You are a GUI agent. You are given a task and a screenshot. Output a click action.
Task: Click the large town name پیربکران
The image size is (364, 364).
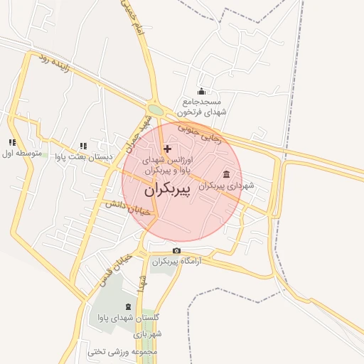tap(172, 191)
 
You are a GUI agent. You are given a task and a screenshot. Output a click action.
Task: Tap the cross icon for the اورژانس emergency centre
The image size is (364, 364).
tap(167, 149)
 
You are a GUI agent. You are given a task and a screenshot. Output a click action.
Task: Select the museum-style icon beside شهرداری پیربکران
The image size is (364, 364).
tap(226, 175)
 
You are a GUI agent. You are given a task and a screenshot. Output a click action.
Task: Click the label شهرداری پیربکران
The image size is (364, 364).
tap(226, 186)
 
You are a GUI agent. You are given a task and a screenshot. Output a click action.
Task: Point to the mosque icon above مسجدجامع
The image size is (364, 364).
tap(201, 91)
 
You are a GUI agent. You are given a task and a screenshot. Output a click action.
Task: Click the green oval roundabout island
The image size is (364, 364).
tap(156, 109)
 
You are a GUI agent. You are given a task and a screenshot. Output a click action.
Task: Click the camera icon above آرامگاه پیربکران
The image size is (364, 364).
tap(176, 251)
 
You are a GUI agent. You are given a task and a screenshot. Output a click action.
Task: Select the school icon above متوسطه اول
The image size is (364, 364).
tap(12, 142)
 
